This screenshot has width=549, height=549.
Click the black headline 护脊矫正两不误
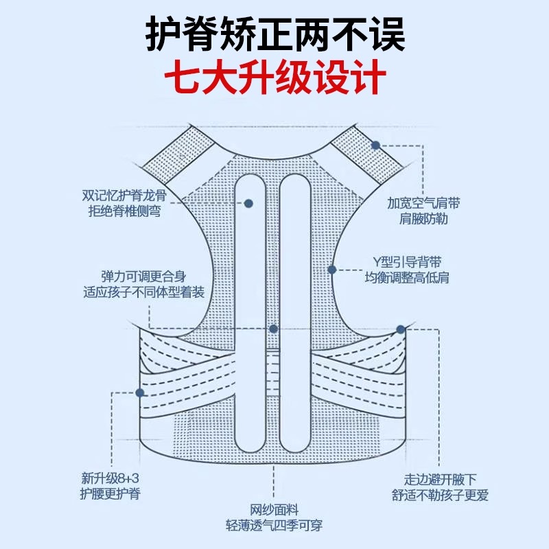click(274, 33)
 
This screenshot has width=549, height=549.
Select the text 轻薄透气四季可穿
click(274, 526)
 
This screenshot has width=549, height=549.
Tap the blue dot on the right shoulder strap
click(376, 145)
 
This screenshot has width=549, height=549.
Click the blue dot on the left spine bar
click(249, 204)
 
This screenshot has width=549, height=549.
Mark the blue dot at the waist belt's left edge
click(140, 393)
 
